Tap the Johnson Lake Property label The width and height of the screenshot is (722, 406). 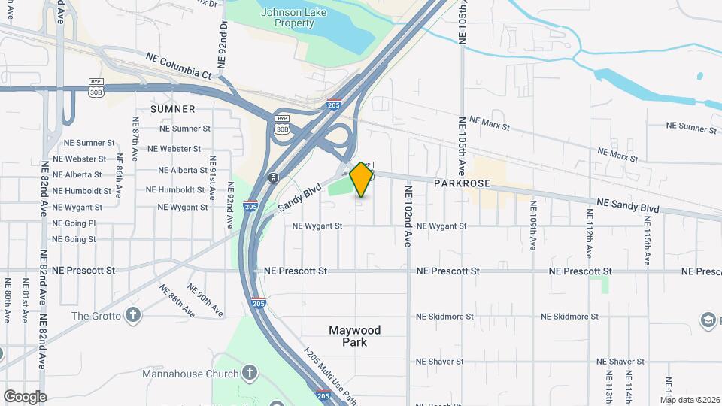click(287, 17)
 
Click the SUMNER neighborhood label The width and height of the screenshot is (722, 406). click(173, 109)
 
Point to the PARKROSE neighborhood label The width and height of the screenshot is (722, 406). click(462, 183)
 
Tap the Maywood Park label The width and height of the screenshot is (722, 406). click(355, 336)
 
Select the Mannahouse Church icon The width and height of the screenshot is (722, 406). click(250, 373)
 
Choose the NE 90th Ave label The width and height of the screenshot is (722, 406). click(205, 299)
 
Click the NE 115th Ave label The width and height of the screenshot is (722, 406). click(647, 241)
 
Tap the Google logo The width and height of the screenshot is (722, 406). click(25, 396)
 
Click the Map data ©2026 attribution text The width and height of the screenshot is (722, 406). click(690, 399)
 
